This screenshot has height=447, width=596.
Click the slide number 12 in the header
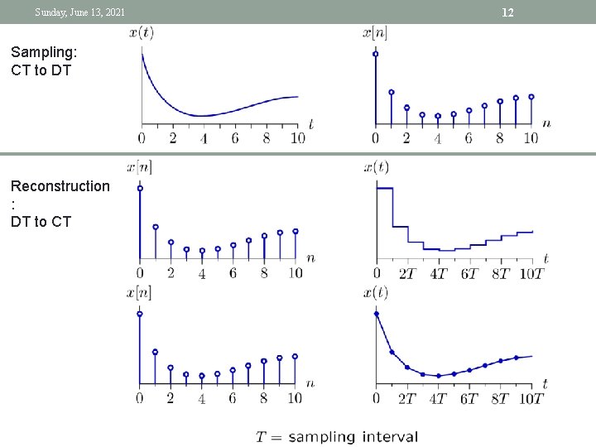508,12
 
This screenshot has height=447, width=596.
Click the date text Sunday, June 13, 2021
80,12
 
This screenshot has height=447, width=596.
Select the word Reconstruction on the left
60,186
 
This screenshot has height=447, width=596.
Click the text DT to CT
41,221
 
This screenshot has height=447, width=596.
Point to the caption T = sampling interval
337,436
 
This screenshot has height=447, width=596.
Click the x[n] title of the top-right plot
375,33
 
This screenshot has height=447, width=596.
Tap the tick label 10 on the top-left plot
296,138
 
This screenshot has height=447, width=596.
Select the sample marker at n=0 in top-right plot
376,54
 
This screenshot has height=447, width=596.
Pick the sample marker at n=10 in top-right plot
531,97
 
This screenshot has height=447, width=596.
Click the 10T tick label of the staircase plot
531,273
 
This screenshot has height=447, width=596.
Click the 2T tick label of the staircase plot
407,273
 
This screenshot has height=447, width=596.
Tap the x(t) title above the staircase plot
376,168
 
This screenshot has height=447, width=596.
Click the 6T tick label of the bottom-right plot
469,398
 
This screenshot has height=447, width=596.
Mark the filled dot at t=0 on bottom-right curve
377,314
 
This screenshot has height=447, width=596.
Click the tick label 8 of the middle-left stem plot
264,273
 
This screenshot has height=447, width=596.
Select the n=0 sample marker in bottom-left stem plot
139,314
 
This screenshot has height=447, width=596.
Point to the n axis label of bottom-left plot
310,383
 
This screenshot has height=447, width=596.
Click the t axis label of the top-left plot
310,123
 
